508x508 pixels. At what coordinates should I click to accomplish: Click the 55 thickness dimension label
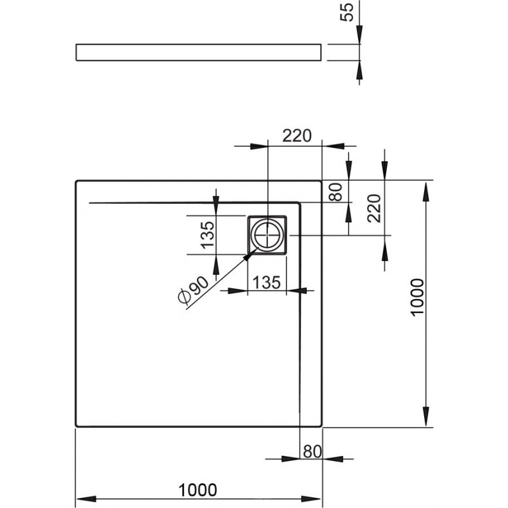point(347,12)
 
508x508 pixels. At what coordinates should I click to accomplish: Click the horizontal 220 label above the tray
point(297,135)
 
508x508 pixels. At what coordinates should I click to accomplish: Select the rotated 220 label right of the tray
point(374,208)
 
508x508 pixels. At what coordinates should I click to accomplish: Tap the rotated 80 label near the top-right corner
point(336,192)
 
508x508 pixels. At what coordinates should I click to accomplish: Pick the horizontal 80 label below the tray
point(312,451)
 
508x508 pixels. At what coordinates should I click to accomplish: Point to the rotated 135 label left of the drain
point(208,235)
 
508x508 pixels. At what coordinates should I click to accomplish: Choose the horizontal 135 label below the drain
point(266,282)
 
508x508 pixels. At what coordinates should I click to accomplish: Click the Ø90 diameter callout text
point(194,290)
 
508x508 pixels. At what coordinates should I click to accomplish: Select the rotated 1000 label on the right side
point(417,297)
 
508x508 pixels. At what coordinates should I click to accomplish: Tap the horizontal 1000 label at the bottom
point(197,490)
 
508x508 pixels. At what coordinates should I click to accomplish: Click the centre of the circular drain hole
point(267,235)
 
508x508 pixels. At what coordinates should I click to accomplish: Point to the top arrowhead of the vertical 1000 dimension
point(426,192)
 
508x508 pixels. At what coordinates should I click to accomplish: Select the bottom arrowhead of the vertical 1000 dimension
point(426,417)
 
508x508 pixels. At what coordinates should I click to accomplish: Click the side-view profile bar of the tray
point(199,52)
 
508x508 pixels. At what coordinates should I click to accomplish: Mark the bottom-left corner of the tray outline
point(76,426)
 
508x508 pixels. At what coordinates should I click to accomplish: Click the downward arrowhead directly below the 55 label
point(359,34)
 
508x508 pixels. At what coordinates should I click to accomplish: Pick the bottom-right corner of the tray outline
point(322,426)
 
